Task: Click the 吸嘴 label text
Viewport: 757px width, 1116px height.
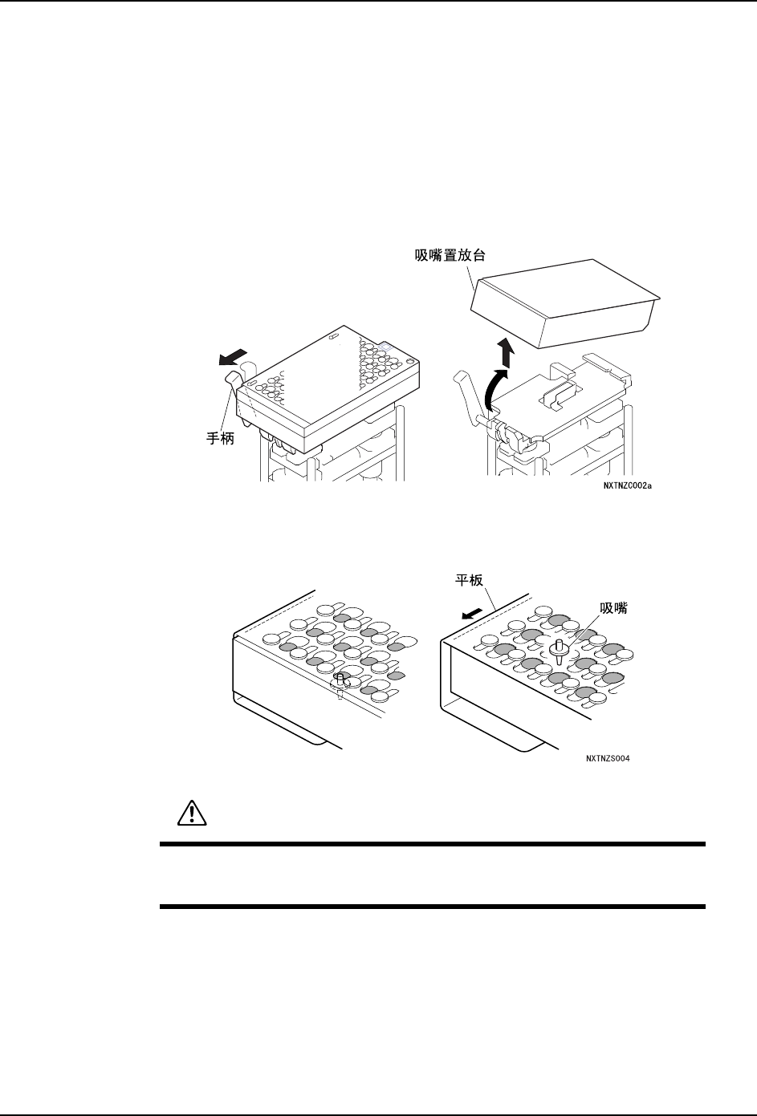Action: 613,609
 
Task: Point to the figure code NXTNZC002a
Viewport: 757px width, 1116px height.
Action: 629,485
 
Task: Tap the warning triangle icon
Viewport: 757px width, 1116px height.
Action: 191,813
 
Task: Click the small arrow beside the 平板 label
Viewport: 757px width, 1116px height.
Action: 474,612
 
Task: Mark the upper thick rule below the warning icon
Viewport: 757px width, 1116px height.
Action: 432,844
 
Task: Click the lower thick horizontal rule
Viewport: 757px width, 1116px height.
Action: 432,907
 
